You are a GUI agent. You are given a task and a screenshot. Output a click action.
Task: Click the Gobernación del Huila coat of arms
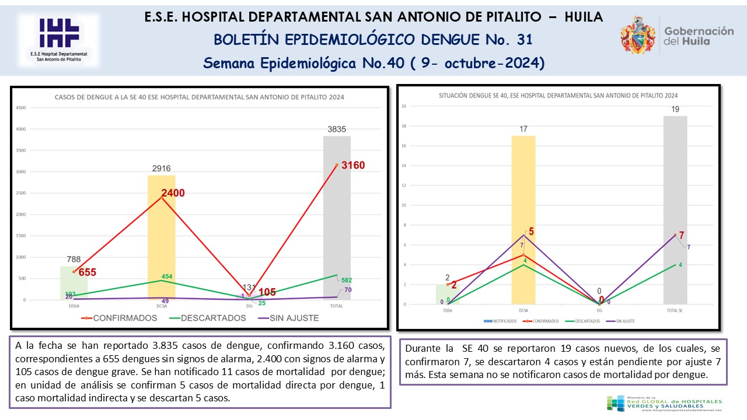click(x=637, y=35)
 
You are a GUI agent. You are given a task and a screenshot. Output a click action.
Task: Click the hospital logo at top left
click(x=58, y=40)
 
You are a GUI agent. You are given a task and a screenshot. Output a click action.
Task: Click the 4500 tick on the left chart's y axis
click(x=20, y=108)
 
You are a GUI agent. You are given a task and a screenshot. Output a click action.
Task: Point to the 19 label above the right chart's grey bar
click(x=675, y=109)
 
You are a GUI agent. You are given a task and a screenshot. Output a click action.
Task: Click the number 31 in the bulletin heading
click(x=524, y=40)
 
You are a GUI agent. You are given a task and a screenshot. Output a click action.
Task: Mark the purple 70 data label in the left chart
click(x=347, y=289)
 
